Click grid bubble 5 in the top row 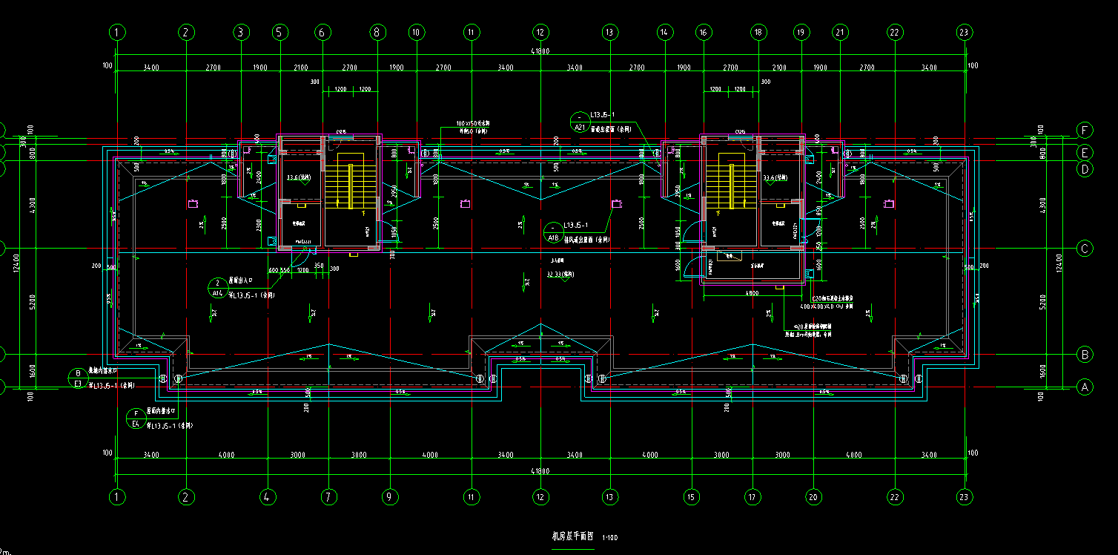coord(279,32)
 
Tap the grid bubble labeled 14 coord(664,32)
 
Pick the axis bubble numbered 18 coord(758,32)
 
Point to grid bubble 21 coord(840,32)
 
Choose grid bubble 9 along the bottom coord(388,496)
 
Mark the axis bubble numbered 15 coord(691,496)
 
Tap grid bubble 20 coord(814,496)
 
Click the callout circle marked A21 coord(580,122)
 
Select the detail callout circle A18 coord(553,232)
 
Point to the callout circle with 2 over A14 coord(218,287)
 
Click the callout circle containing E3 coord(78,378)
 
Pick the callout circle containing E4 coord(136,418)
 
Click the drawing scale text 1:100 coord(610,537)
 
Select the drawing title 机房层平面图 coord(573,536)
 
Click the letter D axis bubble coord(1085,169)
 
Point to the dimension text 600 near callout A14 coord(273,270)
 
